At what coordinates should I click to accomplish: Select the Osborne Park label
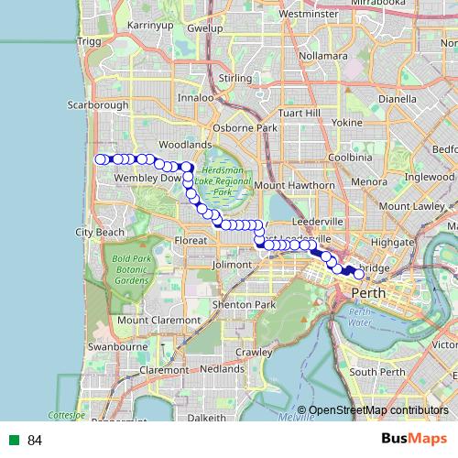[x=245, y=128]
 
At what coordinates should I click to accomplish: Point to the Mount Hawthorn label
[x=294, y=185]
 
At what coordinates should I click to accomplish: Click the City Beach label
[x=99, y=233]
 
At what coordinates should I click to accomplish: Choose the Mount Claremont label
[x=158, y=320]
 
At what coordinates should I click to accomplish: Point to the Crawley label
[x=255, y=352]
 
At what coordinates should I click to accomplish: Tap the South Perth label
[x=376, y=372]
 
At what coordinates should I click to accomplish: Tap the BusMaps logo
[x=414, y=439]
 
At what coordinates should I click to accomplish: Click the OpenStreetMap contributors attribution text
[x=377, y=410]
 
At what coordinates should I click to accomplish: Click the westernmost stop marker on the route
[x=101, y=159]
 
